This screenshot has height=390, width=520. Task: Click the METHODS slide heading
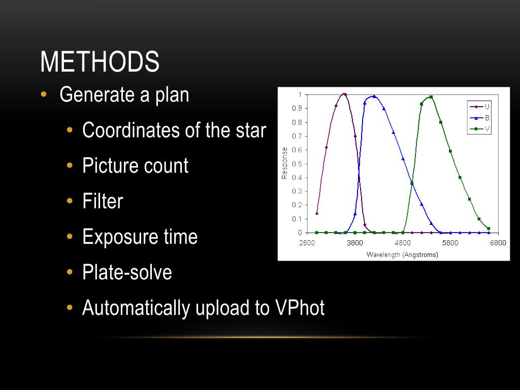[x=100, y=62]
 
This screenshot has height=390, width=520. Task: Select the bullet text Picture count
[x=135, y=166]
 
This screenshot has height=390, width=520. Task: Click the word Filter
[x=103, y=201]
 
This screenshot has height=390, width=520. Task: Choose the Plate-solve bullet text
[x=127, y=272]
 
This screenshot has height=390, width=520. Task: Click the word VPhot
[x=300, y=308]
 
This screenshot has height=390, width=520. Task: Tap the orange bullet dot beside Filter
[x=70, y=201]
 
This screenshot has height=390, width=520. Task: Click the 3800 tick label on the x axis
[x=355, y=243]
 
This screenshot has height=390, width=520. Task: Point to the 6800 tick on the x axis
[x=498, y=243]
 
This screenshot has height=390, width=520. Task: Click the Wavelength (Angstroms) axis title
[x=402, y=254]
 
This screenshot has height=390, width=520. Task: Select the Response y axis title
[x=285, y=163]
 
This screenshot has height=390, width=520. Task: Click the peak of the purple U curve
[x=345, y=94]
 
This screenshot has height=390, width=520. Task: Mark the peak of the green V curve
[x=431, y=96]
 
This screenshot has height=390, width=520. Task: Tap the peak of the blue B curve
[x=374, y=96]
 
